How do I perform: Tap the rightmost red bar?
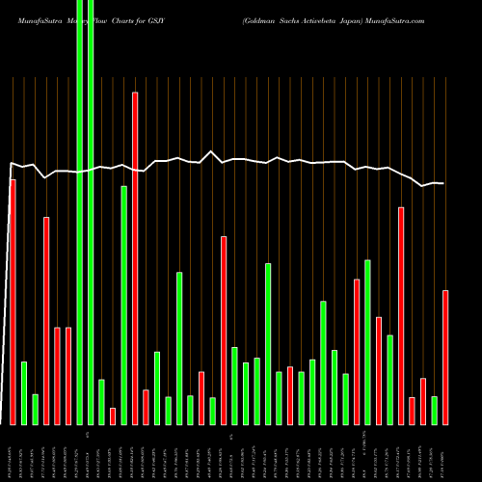pos(445,357)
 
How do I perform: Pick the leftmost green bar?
pos(24,392)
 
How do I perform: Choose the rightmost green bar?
pos(435,410)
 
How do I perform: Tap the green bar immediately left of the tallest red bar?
pos(124,305)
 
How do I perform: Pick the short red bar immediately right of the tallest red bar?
pos(147,407)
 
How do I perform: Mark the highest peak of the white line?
pos(212,151)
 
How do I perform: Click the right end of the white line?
pos(444,183)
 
